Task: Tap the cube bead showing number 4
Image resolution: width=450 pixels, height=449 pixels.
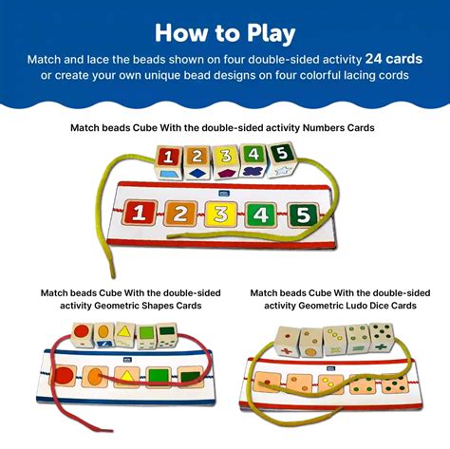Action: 253,156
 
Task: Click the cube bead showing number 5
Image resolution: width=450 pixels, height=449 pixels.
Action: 280,155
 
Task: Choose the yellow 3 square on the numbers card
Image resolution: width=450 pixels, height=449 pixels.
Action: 220,213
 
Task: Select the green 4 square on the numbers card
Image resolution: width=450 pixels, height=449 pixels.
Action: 261,214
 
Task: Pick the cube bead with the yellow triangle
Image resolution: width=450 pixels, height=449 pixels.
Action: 127,333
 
